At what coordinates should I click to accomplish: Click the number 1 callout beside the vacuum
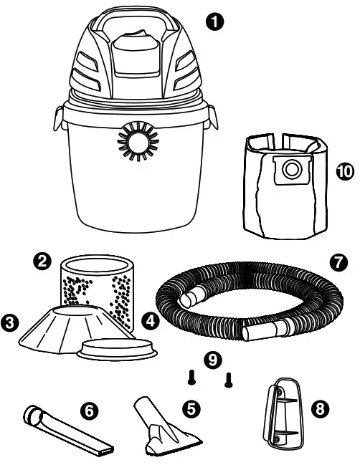pyautogui.click(x=213, y=21)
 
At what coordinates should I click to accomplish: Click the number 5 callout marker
pyautogui.click(x=191, y=408)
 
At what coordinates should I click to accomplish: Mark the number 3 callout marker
pyautogui.click(x=11, y=322)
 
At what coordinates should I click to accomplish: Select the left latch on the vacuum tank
pyautogui.click(x=57, y=118)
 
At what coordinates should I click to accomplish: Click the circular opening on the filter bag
pyautogui.click(x=293, y=170)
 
